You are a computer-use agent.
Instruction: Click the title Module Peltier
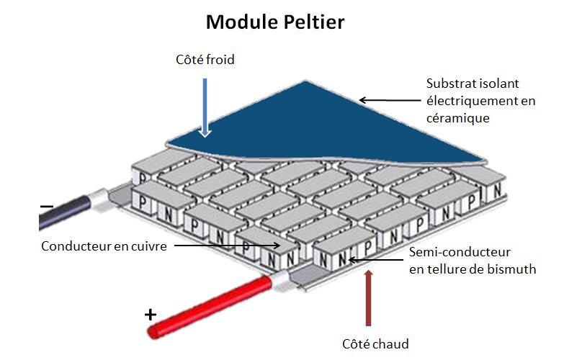pos(276,22)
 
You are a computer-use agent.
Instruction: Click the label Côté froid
pos(205,60)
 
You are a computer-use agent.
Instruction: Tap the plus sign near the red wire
pos(150,315)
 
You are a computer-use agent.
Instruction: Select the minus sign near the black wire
pos(47,207)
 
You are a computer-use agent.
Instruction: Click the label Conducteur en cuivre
pos(104,246)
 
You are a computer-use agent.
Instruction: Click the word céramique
pos(458,118)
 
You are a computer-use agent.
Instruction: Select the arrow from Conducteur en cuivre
pos(227,246)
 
